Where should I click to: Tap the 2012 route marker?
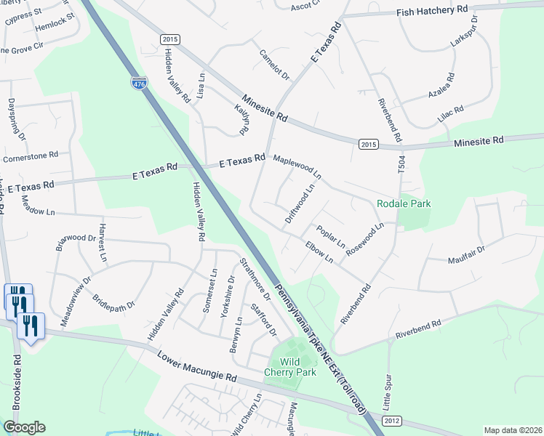point(393,420)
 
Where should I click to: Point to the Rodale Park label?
point(404,203)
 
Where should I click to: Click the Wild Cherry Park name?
point(292,366)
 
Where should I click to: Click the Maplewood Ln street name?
point(297,166)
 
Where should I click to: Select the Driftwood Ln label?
point(299,203)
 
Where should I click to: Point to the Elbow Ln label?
point(319,252)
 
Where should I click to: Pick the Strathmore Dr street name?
point(255,279)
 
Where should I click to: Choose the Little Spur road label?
point(388,390)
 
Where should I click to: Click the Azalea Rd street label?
point(441,86)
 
